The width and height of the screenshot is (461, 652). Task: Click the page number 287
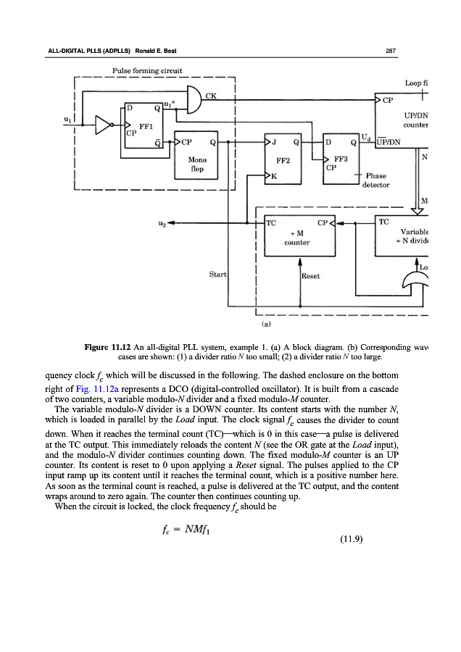pyautogui.click(x=389, y=50)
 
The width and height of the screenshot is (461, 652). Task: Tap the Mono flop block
pyautogui.click(x=199, y=158)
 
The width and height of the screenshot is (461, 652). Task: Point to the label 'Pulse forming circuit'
pyautogui.click(x=148, y=70)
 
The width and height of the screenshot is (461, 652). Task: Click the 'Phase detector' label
pyautogui.click(x=376, y=180)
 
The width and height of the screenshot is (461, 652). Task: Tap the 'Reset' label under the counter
pyautogui.click(x=312, y=275)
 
